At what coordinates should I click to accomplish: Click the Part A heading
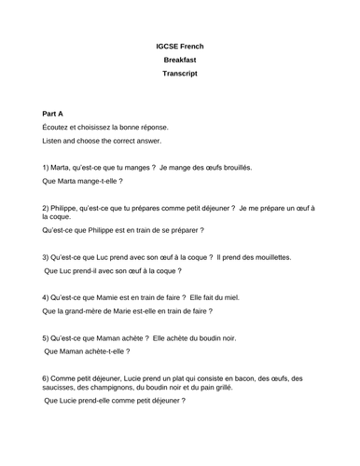[56, 111]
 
